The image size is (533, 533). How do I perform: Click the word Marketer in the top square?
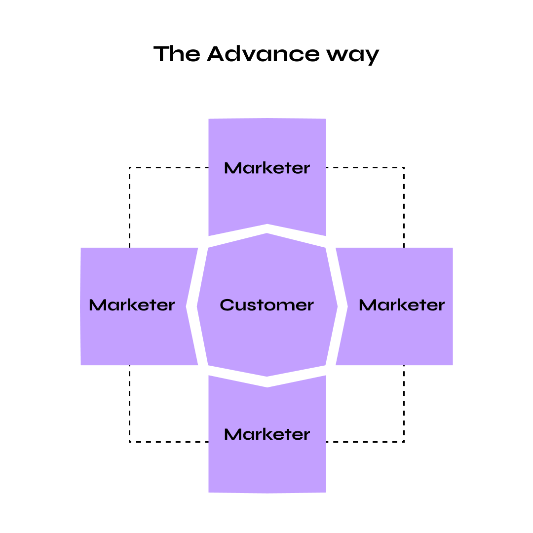[x=267, y=168]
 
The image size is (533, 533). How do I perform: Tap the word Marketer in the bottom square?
[x=267, y=435]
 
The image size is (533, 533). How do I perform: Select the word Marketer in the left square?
[x=132, y=305]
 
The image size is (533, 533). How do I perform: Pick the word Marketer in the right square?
[x=402, y=305]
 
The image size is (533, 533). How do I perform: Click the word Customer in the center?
[x=266, y=305]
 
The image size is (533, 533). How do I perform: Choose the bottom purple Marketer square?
[x=267, y=464]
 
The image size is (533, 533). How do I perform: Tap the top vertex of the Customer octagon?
[x=267, y=233]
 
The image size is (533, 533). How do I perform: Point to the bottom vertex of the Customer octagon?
[x=267, y=379]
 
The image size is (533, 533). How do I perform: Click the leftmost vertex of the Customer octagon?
[x=197, y=306]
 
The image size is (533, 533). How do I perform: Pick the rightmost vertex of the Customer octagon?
[x=338, y=306]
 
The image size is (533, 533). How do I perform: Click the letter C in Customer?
[x=227, y=305]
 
